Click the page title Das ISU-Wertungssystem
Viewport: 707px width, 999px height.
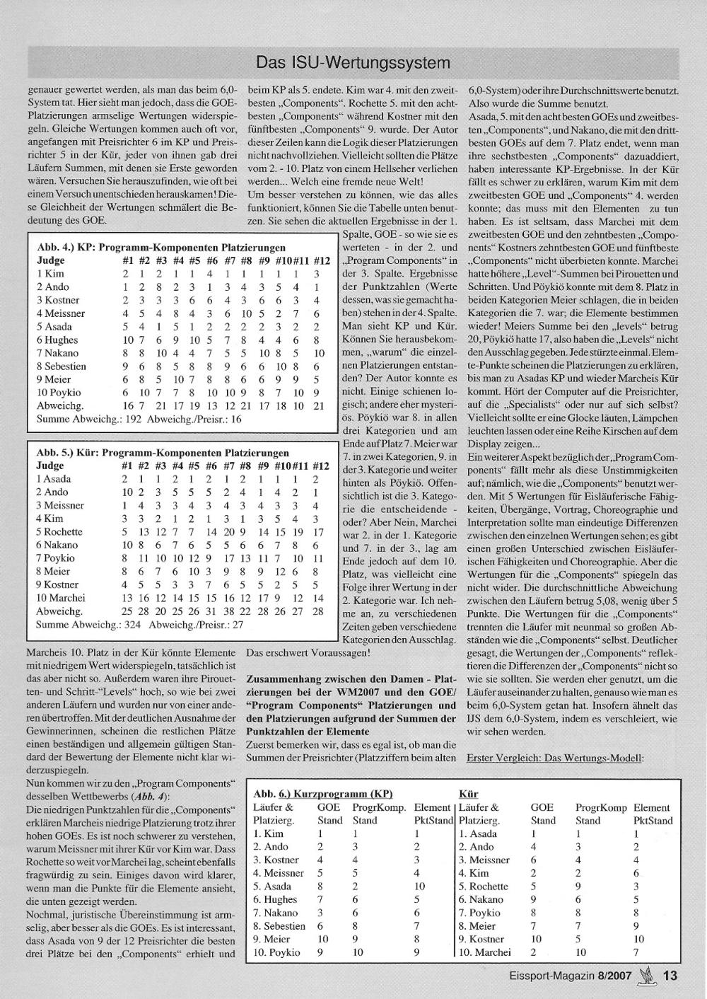(x=353, y=63)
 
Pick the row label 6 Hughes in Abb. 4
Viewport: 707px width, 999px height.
(x=58, y=340)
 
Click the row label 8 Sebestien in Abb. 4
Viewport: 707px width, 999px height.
(x=62, y=366)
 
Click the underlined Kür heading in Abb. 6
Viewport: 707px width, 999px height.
(x=468, y=795)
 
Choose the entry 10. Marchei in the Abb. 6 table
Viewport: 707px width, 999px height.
(x=484, y=952)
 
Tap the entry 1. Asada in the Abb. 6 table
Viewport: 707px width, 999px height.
(x=478, y=834)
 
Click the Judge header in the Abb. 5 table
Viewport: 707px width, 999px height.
(x=50, y=466)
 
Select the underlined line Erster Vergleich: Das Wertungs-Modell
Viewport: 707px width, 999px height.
(x=555, y=758)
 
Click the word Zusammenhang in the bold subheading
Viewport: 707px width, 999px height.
(x=281, y=678)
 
